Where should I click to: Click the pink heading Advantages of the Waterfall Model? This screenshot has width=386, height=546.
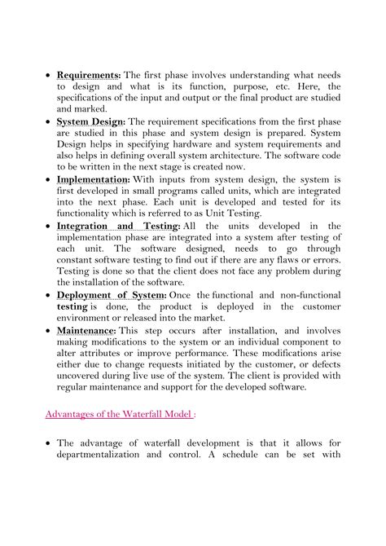point(118,413)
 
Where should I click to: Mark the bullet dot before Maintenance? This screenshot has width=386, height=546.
point(48,331)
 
